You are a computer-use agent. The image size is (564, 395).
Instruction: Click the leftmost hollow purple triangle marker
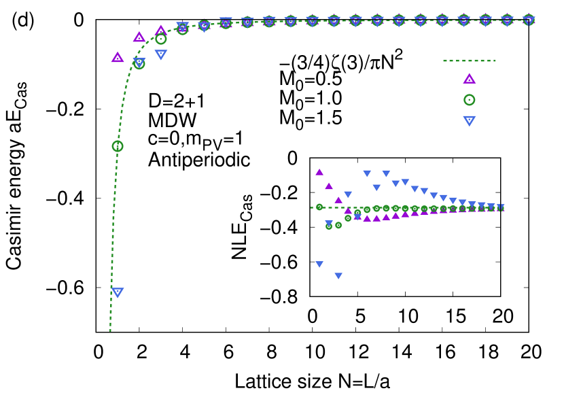[118, 57]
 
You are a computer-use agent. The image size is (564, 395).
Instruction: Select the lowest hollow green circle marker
[118, 145]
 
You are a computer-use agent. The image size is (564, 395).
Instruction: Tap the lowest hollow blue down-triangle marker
[118, 292]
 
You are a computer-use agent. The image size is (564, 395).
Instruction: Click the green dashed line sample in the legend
[469, 61]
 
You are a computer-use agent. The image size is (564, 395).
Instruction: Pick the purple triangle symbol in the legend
[469, 79]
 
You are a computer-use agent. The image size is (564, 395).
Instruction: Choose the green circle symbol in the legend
[469, 100]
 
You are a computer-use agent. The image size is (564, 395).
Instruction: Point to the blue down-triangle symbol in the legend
[469, 121]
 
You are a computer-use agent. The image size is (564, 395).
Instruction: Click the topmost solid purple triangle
[319, 172]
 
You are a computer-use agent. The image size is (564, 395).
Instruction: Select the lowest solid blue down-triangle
[338, 276]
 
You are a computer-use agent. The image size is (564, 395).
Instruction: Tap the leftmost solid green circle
[319, 207]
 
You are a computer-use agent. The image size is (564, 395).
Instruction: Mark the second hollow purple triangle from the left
[139, 37]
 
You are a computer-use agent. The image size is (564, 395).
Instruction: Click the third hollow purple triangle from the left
[160, 30]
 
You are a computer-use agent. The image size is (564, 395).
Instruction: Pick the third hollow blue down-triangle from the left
[161, 54]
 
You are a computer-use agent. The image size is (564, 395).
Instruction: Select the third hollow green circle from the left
[161, 39]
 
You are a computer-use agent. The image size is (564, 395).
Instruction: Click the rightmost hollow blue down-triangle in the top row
[529, 19]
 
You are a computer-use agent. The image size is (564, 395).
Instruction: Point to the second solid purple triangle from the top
[329, 186]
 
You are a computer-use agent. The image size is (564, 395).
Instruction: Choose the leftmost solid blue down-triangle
[319, 264]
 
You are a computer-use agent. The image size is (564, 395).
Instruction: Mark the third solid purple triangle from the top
[338, 200]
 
